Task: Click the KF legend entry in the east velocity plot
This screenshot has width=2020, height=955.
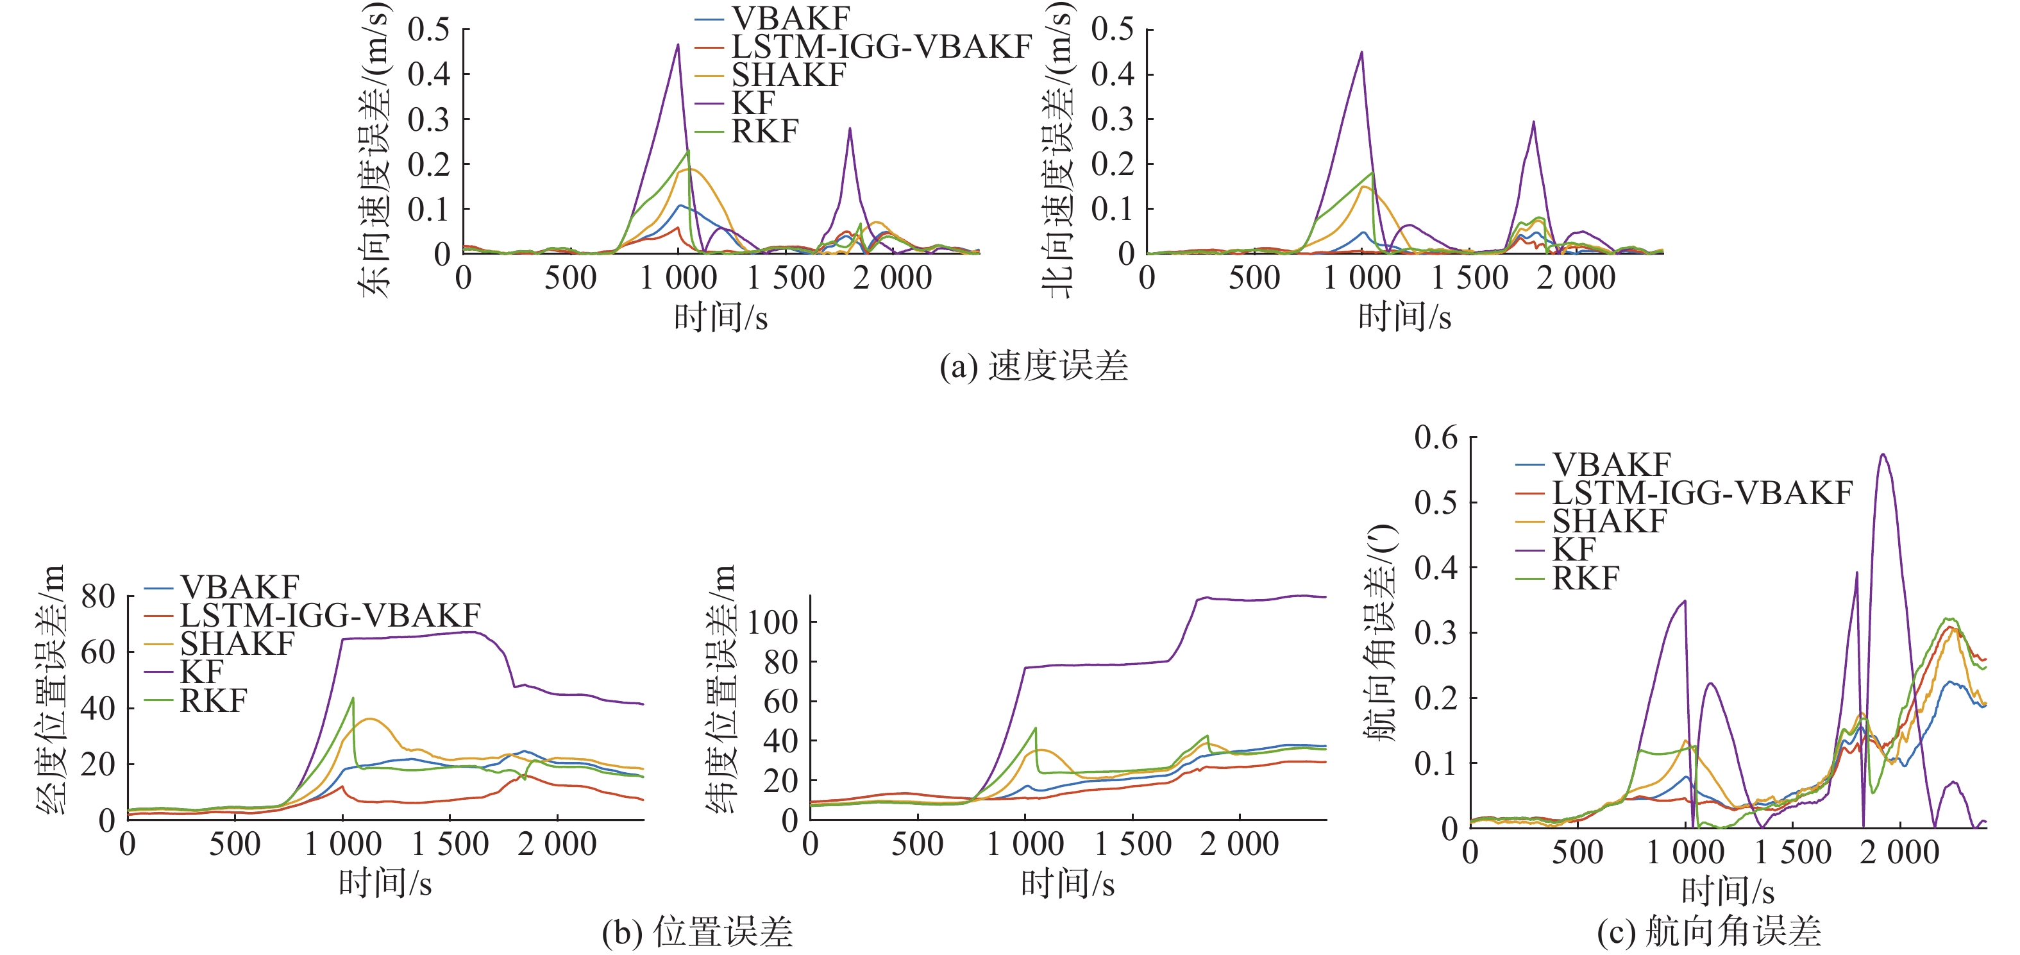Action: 753,103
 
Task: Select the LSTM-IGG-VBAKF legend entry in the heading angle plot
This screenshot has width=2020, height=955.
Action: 1702,493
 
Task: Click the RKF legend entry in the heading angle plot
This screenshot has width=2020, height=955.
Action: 1586,579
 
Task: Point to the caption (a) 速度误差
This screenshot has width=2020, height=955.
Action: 1034,366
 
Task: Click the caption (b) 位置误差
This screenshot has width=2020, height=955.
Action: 697,933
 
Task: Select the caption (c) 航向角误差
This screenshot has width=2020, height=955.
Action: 1709,933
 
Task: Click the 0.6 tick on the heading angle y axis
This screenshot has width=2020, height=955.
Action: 1436,437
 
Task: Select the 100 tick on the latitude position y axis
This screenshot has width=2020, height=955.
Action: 772,623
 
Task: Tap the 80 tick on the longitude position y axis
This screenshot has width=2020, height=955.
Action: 98,596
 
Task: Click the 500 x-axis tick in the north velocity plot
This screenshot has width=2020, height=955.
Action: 1254,278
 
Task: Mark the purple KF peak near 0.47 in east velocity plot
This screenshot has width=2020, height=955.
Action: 678,45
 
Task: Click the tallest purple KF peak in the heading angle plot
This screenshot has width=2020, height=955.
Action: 1882,455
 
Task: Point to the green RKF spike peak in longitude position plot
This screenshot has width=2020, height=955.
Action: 353,698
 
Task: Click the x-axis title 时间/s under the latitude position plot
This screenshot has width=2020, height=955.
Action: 1067,884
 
